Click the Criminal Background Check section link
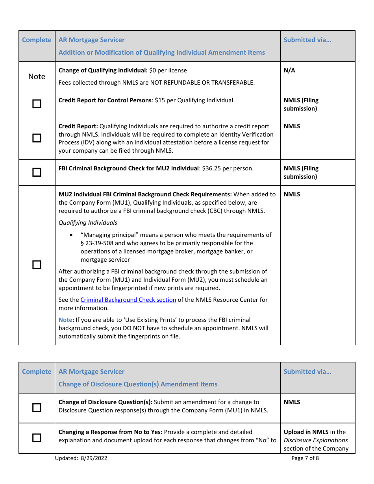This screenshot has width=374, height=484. (128, 300)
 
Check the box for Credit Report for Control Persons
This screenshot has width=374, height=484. (37, 104)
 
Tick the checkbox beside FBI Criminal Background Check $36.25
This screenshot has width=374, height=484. (37, 172)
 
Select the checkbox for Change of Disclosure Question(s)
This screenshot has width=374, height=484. (37, 408)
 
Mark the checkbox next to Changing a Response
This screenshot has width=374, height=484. (37, 438)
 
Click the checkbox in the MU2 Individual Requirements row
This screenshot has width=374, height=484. (37, 265)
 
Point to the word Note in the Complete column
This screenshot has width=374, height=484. (37, 77)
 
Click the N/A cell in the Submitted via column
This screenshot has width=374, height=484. (289, 70)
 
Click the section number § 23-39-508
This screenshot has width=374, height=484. (98, 243)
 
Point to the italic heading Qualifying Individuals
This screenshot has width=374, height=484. (88, 223)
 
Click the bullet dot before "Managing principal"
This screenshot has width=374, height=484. (71, 235)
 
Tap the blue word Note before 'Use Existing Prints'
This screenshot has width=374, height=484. (65, 320)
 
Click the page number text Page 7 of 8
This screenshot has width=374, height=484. (305, 458)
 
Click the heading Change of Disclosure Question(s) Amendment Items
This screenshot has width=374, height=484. (138, 384)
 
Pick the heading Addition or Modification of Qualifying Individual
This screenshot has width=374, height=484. (161, 52)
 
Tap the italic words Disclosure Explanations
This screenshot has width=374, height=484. (316, 440)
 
